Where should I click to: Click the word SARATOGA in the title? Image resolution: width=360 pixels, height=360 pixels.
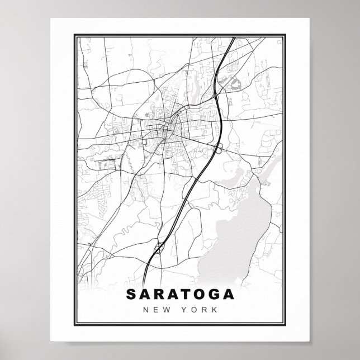tap(180, 294)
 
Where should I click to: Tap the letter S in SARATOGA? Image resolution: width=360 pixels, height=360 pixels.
tap(131, 294)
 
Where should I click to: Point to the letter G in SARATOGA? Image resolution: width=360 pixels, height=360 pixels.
tap(214, 294)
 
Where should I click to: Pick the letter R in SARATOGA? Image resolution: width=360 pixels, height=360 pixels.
tap(159, 294)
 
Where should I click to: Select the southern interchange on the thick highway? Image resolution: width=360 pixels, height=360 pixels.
tap(159, 246)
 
